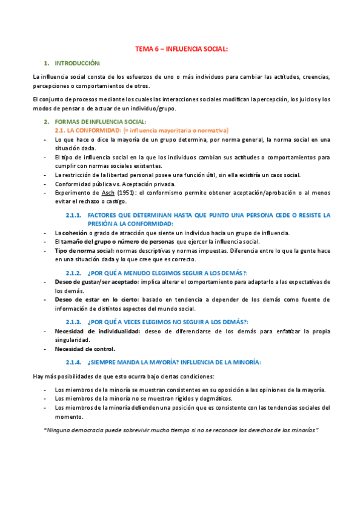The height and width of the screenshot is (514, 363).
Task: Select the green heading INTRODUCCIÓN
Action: click(x=78, y=63)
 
